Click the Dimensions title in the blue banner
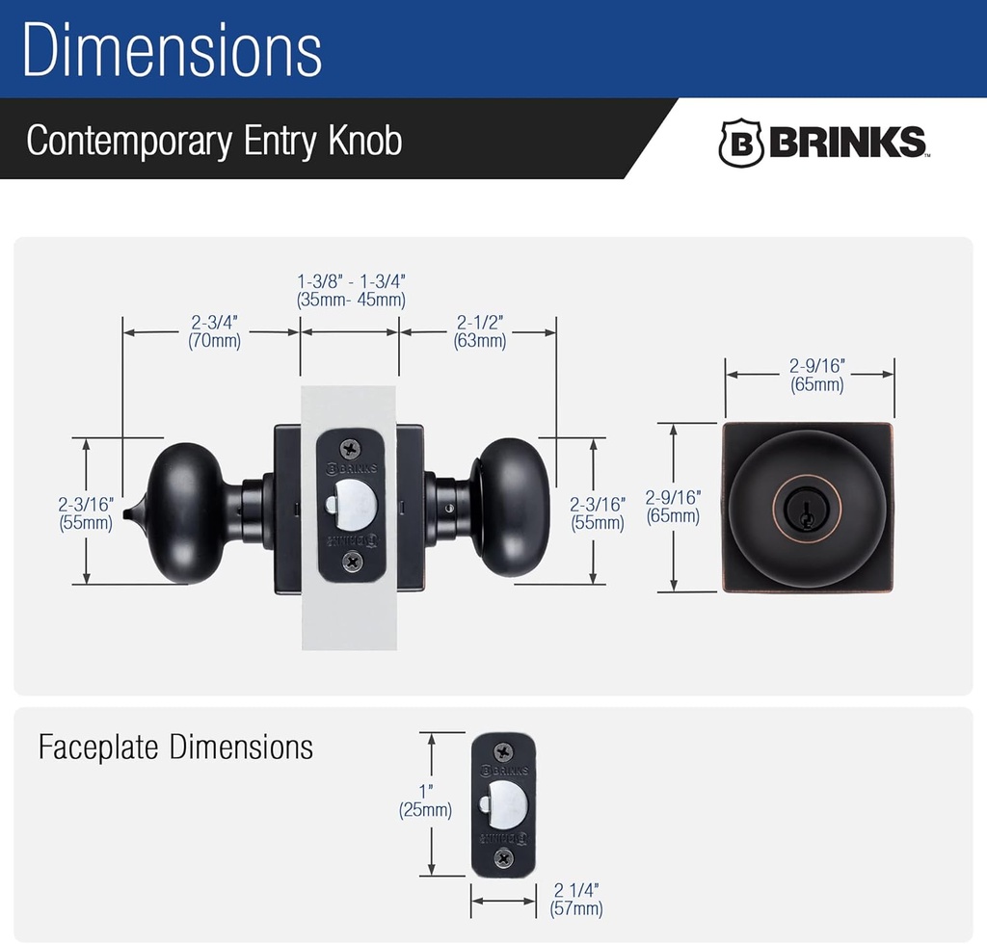click(x=172, y=50)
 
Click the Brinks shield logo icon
click(x=741, y=144)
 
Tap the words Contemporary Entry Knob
click(x=214, y=141)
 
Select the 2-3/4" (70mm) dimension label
click(x=214, y=331)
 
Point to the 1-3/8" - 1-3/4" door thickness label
click(x=351, y=290)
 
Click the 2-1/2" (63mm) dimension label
click(x=479, y=331)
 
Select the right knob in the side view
click(x=511, y=507)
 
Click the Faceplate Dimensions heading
click(x=175, y=747)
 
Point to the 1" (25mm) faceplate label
click(x=425, y=801)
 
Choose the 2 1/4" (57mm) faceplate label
click(x=576, y=900)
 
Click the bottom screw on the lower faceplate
click(x=503, y=857)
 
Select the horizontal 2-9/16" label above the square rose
click(x=816, y=375)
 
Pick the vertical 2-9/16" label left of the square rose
click(x=672, y=507)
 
